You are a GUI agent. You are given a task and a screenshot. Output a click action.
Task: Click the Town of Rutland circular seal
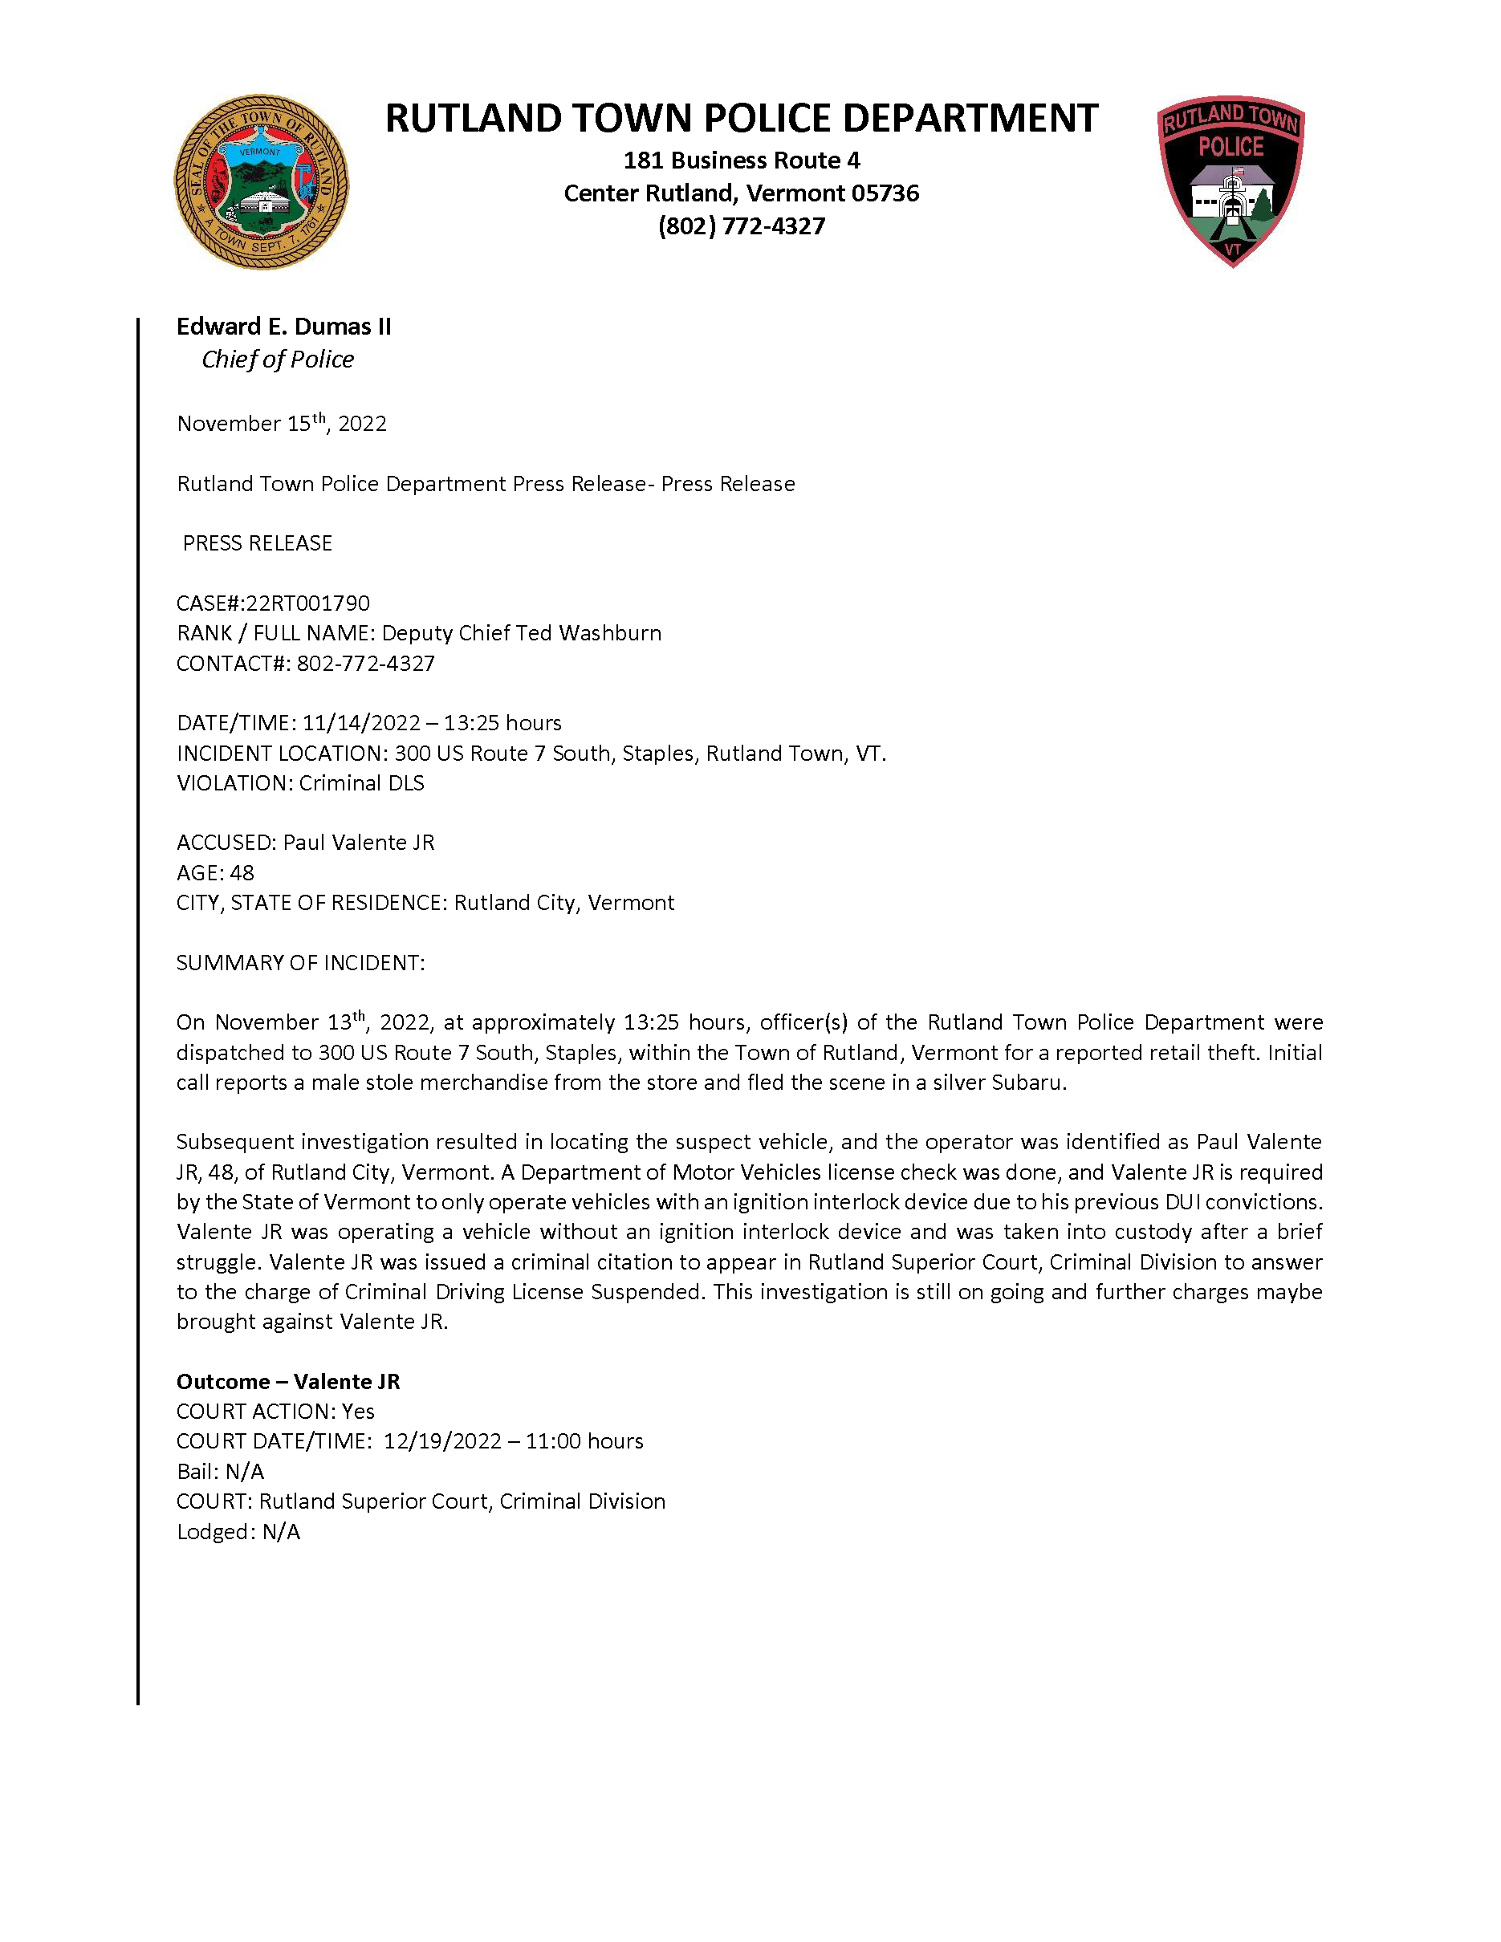click(261, 182)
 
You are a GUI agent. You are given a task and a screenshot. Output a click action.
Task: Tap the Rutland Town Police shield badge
click(1230, 181)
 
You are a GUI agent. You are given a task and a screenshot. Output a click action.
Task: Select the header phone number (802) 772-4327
click(742, 225)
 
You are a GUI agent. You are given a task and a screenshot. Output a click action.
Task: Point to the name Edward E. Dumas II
click(283, 327)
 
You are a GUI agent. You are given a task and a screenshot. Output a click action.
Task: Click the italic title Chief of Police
click(278, 360)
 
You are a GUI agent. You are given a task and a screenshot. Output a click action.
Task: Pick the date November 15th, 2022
click(282, 423)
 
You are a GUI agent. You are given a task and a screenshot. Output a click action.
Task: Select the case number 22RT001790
click(307, 603)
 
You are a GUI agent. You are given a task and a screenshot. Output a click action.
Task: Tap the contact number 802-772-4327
click(365, 664)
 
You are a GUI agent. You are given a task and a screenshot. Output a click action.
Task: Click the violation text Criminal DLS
click(361, 782)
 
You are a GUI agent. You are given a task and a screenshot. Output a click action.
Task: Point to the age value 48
click(242, 872)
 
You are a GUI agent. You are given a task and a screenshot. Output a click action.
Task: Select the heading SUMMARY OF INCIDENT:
click(300, 962)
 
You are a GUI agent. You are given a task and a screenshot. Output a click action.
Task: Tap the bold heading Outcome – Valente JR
click(288, 1381)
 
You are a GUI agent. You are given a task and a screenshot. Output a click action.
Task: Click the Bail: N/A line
click(221, 1471)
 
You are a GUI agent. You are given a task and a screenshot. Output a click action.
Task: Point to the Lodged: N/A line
click(238, 1531)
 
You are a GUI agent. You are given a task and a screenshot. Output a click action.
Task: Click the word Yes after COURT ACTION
click(358, 1411)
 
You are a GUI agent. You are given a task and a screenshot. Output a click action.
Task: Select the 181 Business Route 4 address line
click(742, 160)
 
